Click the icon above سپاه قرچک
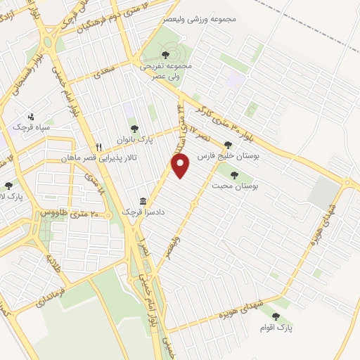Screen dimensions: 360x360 (30, 117)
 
